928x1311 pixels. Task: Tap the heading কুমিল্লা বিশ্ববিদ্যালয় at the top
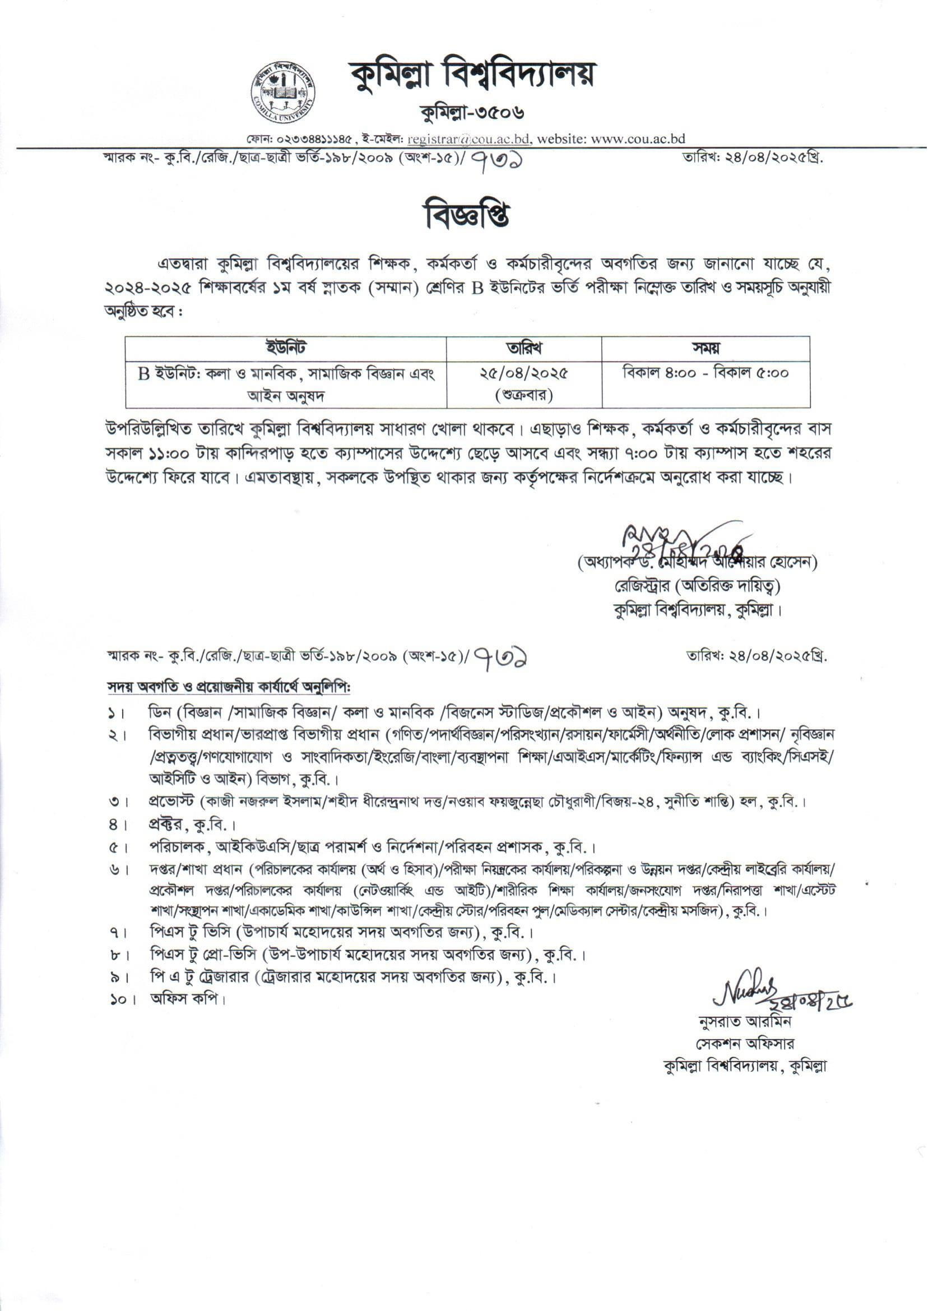pos(472,76)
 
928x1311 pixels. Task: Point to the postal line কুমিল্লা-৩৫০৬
pos(472,114)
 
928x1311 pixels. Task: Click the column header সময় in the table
pos(705,348)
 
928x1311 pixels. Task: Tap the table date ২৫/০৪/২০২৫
pos(523,374)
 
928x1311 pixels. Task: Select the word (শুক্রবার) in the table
pos(523,396)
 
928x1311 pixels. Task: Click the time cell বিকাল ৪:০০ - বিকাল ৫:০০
pos(705,374)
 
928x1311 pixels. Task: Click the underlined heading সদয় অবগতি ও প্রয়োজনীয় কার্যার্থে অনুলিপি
pos(229,685)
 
